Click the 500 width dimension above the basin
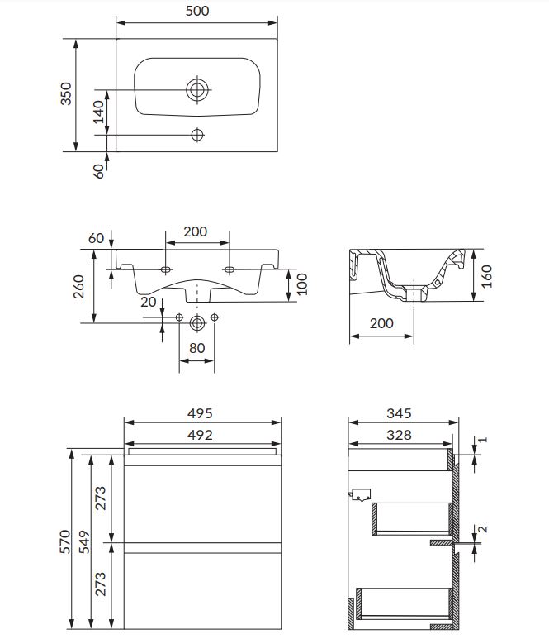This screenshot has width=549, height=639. (x=197, y=11)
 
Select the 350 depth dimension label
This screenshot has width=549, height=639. (x=66, y=93)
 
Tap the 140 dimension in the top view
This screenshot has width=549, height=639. (x=98, y=112)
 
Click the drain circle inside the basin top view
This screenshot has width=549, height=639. (x=197, y=89)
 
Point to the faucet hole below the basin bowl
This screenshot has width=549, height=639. (x=197, y=135)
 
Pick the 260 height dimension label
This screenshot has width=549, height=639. (x=78, y=287)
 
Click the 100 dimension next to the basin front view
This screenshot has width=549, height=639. (x=301, y=284)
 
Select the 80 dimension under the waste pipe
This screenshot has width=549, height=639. (x=197, y=348)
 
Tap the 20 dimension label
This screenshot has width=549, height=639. (x=149, y=302)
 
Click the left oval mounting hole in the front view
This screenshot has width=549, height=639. (x=166, y=269)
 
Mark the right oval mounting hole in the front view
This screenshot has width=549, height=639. (x=230, y=269)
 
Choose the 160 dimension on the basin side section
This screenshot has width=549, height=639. (x=486, y=276)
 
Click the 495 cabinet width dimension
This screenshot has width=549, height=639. (x=200, y=413)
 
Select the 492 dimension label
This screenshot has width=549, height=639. (x=200, y=435)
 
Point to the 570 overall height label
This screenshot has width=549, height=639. (x=65, y=541)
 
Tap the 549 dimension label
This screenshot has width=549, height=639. (x=84, y=542)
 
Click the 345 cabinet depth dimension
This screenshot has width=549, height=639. (x=400, y=413)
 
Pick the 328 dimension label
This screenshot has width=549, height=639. (x=400, y=435)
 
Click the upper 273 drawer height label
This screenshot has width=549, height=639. (x=100, y=498)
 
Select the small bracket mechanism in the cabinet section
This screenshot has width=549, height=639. (x=360, y=494)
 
